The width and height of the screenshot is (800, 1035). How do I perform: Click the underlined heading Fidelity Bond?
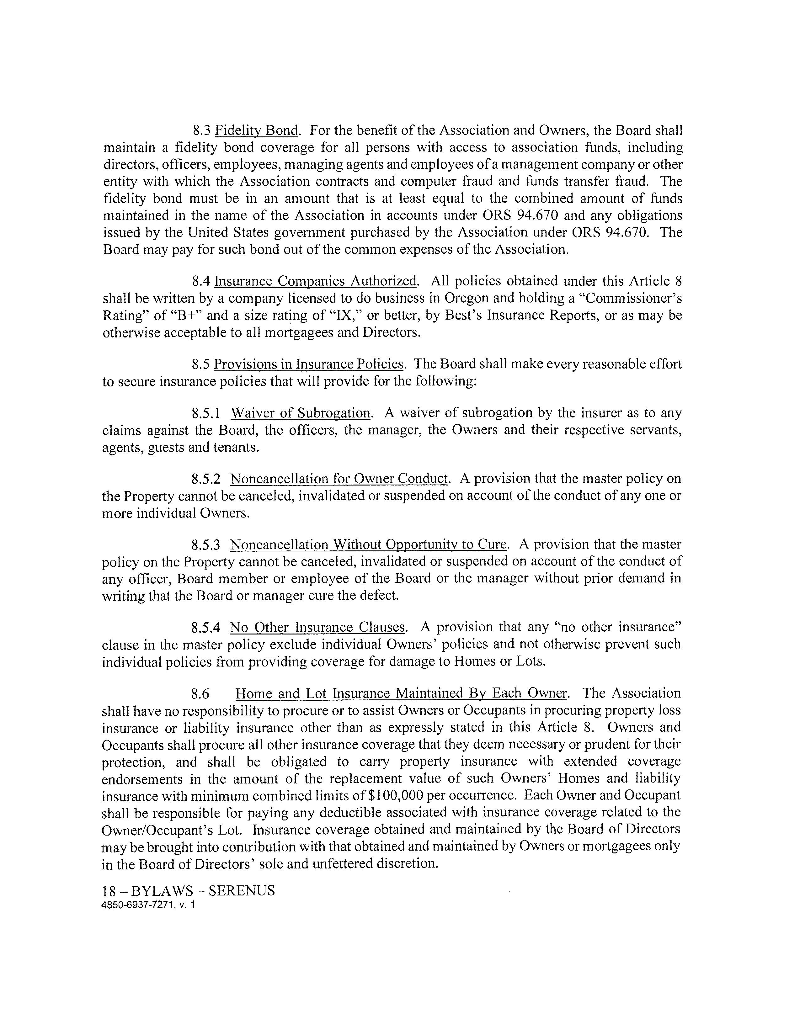(256, 130)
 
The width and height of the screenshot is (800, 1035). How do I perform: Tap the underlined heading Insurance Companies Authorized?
(316, 282)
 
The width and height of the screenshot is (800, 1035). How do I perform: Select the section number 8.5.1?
(206, 413)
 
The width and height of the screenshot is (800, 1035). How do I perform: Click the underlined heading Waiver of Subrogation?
(301, 413)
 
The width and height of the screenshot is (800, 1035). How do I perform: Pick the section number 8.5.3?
(206, 545)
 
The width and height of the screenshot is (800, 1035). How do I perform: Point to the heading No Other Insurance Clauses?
(317, 628)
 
